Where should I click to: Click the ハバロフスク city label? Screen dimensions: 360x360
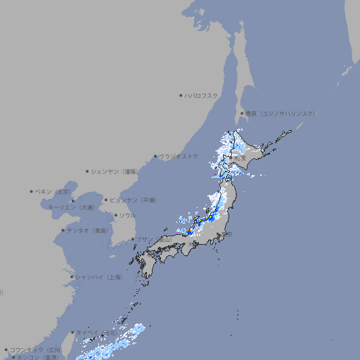[202, 95]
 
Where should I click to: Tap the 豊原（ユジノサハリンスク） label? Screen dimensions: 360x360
[280, 113]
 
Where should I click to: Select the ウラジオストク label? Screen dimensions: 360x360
[179, 156]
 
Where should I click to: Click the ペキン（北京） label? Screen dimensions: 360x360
[55, 191]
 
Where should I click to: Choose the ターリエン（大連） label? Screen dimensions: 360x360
[71, 208]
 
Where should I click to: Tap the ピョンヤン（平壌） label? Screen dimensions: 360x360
[133, 200]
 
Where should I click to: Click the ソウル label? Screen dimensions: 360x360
[127, 216]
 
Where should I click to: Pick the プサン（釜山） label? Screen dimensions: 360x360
[154, 240]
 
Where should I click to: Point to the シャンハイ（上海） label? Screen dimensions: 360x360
[99, 277]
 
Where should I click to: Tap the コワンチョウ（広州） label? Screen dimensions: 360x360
[35, 349]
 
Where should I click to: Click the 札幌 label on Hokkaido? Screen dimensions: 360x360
[240, 157]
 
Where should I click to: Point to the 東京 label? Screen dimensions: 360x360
[227, 235]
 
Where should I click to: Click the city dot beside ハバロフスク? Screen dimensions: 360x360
[181, 95]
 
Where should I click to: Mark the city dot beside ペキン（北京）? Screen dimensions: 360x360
[32, 191]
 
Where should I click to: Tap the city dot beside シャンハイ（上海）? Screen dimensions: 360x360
[72, 277]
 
